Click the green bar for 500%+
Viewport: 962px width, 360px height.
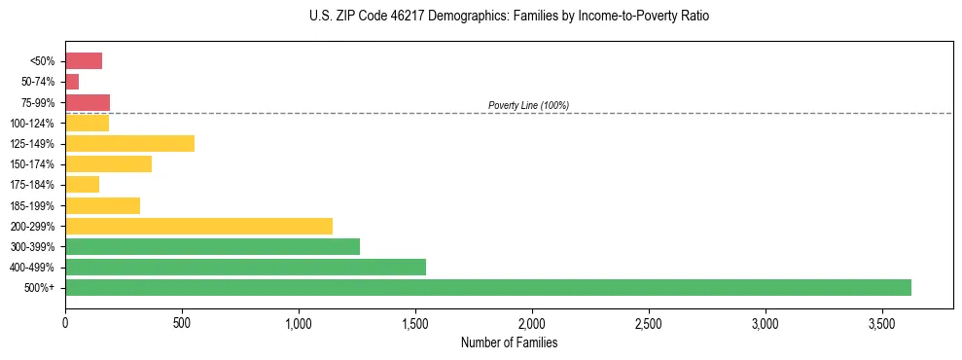(x=487, y=287)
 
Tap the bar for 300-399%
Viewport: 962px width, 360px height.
(x=212, y=246)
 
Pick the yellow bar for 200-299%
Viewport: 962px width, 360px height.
(x=198, y=226)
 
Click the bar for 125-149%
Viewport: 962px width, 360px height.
(x=129, y=143)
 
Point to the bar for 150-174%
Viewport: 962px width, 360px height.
(x=108, y=163)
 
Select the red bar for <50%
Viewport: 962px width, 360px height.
(x=84, y=61)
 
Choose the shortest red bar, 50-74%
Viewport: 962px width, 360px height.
(x=72, y=82)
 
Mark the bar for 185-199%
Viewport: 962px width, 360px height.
(x=102, y=205)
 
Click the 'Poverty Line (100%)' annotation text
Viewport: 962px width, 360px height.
(x=528, y=105)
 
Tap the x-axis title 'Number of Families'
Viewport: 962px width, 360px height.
(x=509, y=342)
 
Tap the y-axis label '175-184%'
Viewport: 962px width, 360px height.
(x=32, y=185)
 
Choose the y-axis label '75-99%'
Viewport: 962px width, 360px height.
(x=37, y=102)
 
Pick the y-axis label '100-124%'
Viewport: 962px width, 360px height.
(x=32, y=123)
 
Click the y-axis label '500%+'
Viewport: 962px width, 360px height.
(x=40, y=288)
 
